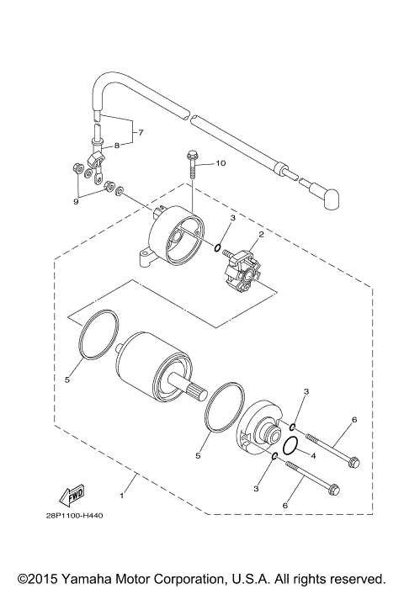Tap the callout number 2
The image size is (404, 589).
(x=261, y=235)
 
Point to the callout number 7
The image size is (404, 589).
(x=141, y=133)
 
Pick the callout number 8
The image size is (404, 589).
(x=117, y=146)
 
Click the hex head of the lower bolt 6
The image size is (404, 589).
(x=334, y=490)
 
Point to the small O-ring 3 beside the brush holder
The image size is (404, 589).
(x=218, y=249)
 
